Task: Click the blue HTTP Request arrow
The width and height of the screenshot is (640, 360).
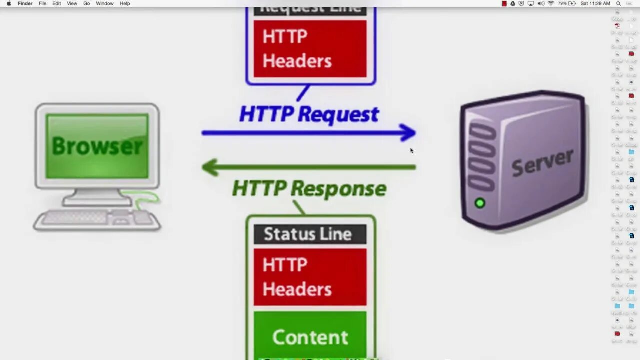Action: coord(308,133)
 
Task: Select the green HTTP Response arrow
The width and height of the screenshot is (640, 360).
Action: coord(308,167)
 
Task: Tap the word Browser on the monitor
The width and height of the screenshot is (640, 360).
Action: coord(97,146)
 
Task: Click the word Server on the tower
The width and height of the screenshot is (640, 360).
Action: coord(542,163)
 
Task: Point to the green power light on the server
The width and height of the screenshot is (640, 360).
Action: coord(480,203)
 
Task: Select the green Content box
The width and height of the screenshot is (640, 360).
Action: coord(310,336)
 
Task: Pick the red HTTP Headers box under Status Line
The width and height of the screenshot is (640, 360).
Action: coord(310,277)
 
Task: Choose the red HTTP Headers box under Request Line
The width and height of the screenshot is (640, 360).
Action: coord(310,49)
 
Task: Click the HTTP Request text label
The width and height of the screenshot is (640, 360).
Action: coord(309,114)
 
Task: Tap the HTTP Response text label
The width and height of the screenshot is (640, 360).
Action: coord(309,189)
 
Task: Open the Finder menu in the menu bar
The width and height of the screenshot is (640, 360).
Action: coord(25,3)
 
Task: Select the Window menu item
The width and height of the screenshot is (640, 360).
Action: coord(105,3)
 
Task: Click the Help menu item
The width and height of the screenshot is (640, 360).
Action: coord(125,3)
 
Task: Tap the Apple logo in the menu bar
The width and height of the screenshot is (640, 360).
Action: coord(9,3)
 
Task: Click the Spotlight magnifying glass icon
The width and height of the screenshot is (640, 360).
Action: coord(619,3)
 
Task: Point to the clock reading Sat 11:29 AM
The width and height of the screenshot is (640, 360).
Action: coord(595,3)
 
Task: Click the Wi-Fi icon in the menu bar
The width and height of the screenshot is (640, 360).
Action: coord(551,3)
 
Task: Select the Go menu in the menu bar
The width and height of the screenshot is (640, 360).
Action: coord(87,3)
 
